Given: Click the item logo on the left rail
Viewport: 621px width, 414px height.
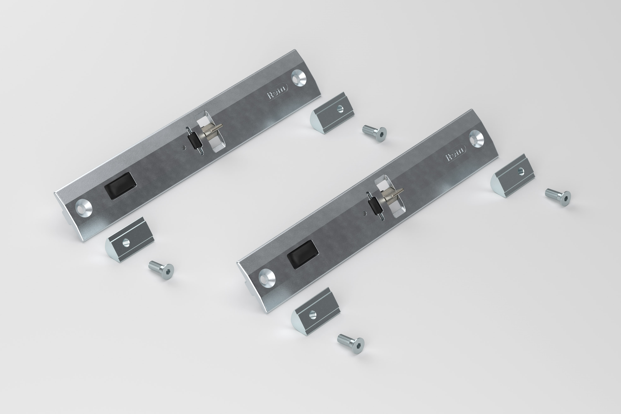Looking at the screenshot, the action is coord(277,92).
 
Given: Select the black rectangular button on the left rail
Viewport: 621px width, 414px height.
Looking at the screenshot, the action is coord(120,186).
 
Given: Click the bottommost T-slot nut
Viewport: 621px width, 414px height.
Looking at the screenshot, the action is coord(315,312).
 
